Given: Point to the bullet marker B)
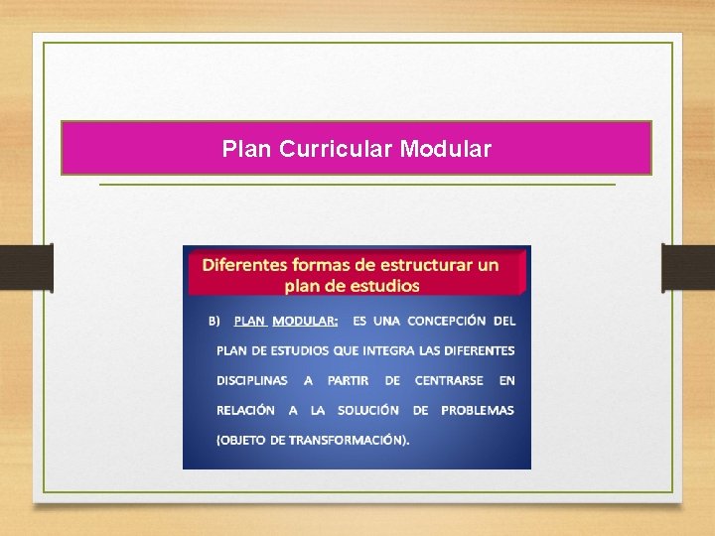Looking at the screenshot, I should click(214, 321).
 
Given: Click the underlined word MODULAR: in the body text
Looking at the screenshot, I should click(305, 321).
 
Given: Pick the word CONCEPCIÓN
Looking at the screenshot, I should click(446, 321).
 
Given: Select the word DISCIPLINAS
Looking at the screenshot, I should click(252, 380).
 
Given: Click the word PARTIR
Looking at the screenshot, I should click(348, 380).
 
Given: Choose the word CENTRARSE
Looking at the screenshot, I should click(449, 380).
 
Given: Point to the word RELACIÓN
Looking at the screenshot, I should click(245, 410).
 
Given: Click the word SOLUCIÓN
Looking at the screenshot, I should click(368, 410).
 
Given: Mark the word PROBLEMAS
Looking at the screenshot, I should click(478, 410).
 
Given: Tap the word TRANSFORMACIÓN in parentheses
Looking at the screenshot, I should click(348, 440).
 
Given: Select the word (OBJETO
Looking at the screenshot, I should click(241, 440).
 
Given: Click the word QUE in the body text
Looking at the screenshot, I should click(347, 350).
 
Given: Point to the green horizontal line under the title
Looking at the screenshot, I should click(357, 185).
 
